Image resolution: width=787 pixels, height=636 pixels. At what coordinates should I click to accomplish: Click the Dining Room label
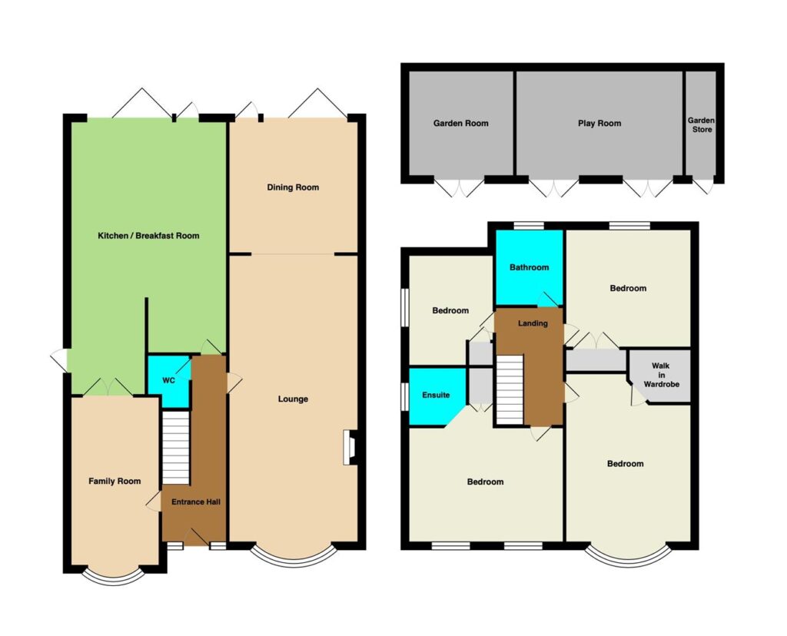[x=293, y=187]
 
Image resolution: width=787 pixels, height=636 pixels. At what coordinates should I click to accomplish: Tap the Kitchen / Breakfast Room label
[x=148, y=236]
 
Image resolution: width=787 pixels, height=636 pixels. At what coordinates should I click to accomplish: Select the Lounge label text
[x=293, y=399]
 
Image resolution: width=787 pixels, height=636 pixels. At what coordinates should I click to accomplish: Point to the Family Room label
[x=115, y=482]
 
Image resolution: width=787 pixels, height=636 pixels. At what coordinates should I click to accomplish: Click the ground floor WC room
[x=168, y=381]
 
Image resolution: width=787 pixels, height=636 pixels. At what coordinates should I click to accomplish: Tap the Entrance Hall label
[x=196, y=502]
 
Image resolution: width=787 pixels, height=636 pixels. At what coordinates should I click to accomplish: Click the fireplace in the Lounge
[x=350, y=447]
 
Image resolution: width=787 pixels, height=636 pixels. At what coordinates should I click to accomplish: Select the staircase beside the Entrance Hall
[x=176, y=448]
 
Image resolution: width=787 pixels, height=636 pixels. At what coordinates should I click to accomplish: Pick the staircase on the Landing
[x=510, y=389]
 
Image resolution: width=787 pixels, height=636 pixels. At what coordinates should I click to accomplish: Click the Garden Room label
[x=461, y=124]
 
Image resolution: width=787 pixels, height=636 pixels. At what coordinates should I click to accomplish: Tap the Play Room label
[x=599, y=124]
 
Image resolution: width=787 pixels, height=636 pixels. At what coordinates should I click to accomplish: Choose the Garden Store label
[x=701, y=125]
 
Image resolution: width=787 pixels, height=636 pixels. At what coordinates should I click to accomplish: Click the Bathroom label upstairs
[x=529, y=268]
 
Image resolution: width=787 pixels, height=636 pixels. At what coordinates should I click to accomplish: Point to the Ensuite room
[x=436, y=396]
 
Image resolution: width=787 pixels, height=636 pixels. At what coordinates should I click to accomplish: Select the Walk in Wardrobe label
[x=661, y=375]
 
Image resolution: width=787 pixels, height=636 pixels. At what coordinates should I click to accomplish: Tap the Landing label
[x=533, y=323]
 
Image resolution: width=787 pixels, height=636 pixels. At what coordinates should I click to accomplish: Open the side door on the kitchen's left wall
[x=60, y=360]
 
